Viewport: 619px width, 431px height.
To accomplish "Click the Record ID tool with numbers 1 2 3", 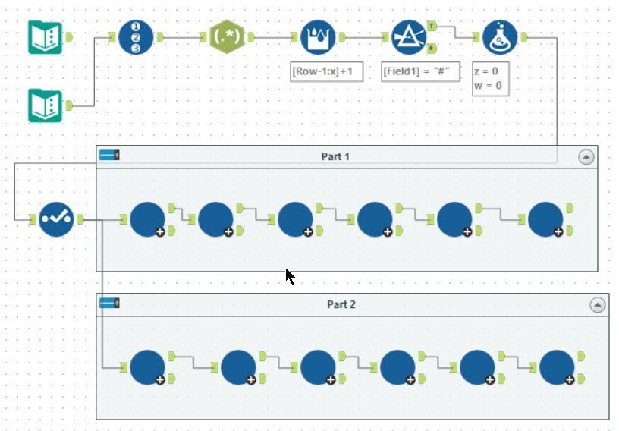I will (x=136, y=36).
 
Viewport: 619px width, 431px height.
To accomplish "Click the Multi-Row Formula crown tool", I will (x=318, y=36).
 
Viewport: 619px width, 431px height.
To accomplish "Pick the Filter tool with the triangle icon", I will (x=409, y=36).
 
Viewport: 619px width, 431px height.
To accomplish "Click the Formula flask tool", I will (x=500, y=36).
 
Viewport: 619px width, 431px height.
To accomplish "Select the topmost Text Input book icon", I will (x=45, y=36).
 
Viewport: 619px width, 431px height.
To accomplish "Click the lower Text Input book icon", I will (x=45, y=105).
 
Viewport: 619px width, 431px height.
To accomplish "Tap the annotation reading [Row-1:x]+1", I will (x=327, y=71).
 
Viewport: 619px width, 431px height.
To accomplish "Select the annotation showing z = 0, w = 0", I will (x=490, y=79).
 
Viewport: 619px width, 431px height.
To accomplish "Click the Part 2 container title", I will (x=341, y=304).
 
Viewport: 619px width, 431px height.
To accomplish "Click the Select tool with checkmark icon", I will (x=56, y=219).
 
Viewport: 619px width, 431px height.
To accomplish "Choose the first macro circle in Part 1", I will (x=147, y=219).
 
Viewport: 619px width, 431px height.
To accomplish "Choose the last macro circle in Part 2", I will (x=557, y=367).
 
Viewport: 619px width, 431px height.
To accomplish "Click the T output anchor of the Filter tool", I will (x=432, y=25).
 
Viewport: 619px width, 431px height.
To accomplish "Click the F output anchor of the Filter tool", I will (x=432, y=48).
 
